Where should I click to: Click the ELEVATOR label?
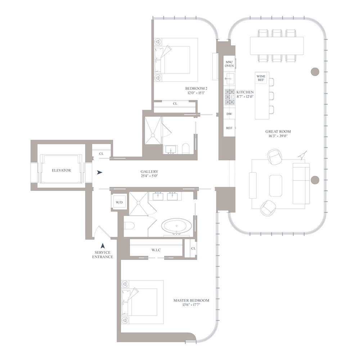(x=61, y=170)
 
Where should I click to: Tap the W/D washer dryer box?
(x=119, y=202)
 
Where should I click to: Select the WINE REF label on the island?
(x=261, y=78)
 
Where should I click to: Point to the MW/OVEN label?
(x=229, y=64)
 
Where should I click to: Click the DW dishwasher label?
(x=229, y=114)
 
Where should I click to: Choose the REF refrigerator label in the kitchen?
(x=229, y=128)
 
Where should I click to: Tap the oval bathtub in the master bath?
(x=177, y=226)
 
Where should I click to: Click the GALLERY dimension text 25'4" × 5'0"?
(x=149, y=176)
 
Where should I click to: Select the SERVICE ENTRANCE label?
(x=103, y=255)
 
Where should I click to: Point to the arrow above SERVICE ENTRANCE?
(x=103, y=246)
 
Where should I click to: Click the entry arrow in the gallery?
(x=100, y=172)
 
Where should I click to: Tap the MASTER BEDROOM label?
(x=191, y=300)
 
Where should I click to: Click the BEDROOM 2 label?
(x=196, y=89)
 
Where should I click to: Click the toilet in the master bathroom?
(x=129, y=226)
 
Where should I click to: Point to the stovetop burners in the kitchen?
(x=229, y=96)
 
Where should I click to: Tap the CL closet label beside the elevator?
(x=101, y=154)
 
